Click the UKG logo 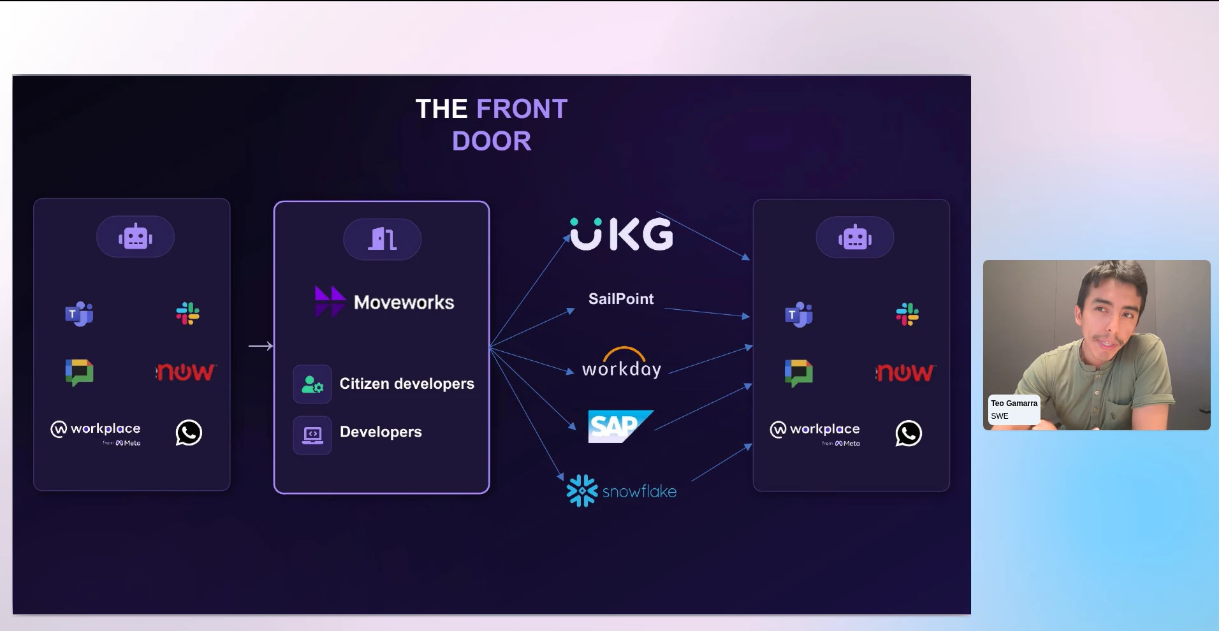pyautogui.click(x=622, y=234)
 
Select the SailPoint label pyautogui.click(x=621, y=299)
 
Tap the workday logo pyautogui.click(x=622, y=363)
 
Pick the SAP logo pyautogui.click(x=620, y=426)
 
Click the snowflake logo pyautogui.click(x=622, y=491)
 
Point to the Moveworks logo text pyautogui.click(x=404, y=302)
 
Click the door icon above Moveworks pyautogui.click(x=383, y=239)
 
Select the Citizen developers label pyautogui.click(x=407, y=384)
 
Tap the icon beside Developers pyautogui.click(x=312, y=435)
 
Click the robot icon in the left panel pyautogui.click(x=135, y=236)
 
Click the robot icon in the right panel pyautogui.click(x=855, y=237)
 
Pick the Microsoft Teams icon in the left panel pyautogui.click(x=79, y=314)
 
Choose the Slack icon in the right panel pyautogui.click(x=907, y=314)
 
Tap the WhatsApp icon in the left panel pyautogui.click(x=189, y=433)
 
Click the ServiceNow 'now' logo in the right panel pyautogui.click(x=905, y=372)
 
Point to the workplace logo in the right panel pyautogui.click(x=815, y=432)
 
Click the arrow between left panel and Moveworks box pyautogui.click(x=261, y=346)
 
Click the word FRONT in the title pyautogui.click(x=522, y=109)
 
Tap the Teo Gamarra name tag pyautogui.click(x=1014, y=409)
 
